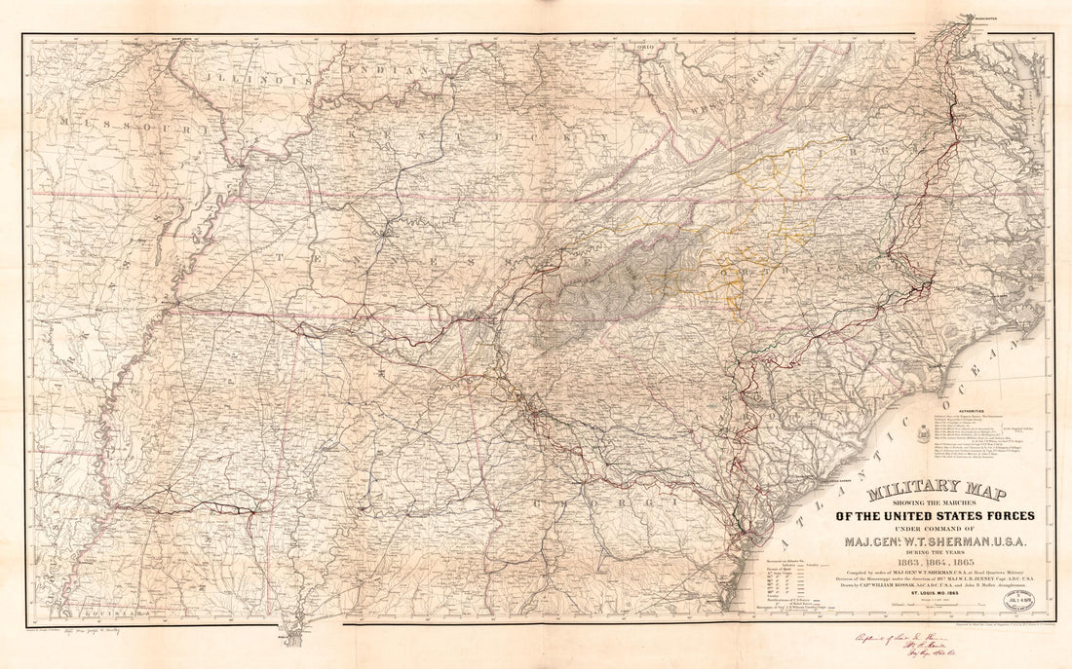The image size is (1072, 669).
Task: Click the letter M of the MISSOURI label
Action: pos(62,122)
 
